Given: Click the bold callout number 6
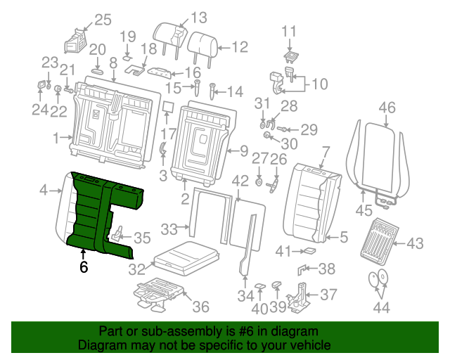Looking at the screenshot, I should click(84, 267).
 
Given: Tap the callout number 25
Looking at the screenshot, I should click(103, 20).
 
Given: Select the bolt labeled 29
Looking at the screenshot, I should click(283, 129).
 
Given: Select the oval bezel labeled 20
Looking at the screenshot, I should click(98, 70).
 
